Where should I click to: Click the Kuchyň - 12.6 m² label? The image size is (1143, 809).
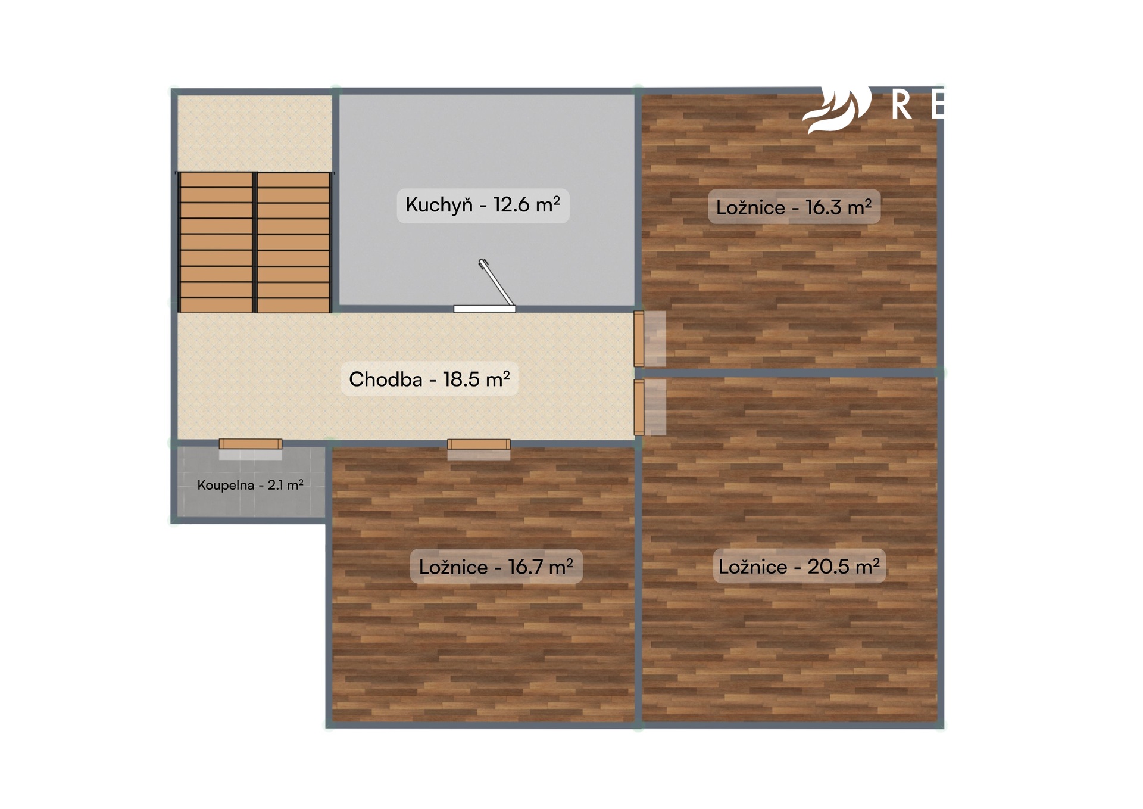coord(483,205)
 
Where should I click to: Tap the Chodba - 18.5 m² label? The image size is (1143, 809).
coord(429,379)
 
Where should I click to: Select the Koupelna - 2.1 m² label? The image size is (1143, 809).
coord(250,485)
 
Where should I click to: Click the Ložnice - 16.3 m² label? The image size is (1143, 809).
coord(794,207)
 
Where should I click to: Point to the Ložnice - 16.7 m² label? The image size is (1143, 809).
coord(496,567)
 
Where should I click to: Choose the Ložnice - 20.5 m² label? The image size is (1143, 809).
coord(799,566)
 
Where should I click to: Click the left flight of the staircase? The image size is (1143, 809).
coord(216,242)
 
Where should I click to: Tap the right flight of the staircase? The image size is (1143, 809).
coord(293,242)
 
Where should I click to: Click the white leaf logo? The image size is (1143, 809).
coord(836,110)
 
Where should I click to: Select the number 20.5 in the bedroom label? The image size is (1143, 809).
coord(827,566)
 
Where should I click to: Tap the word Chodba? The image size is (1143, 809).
coord(386,379)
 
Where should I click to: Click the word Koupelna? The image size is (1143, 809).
coord(226,486)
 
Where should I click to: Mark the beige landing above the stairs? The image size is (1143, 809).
coord(255,133)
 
